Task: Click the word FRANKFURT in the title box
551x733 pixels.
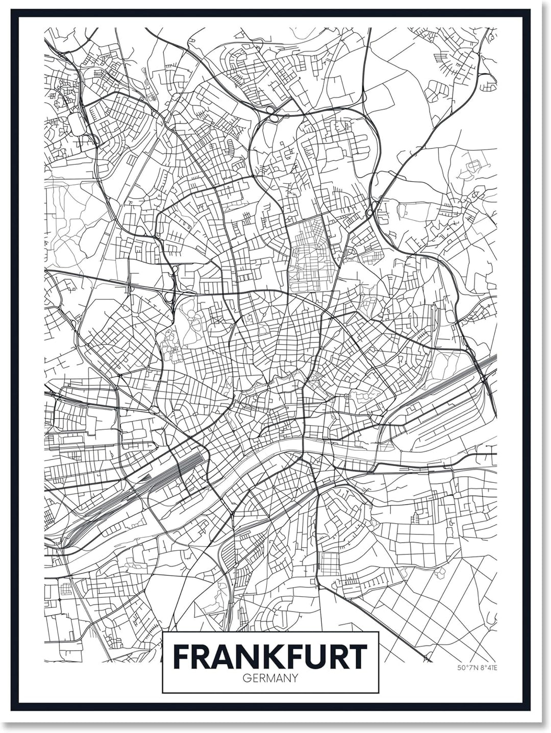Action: [270, 656]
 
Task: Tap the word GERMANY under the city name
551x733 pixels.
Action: [270, 678]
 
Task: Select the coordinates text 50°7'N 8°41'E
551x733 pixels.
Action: [477, 667]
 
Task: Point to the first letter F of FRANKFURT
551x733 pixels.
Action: [182, 656]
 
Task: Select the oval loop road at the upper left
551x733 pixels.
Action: [77, 124]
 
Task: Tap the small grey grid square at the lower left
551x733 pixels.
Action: [66, 589]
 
